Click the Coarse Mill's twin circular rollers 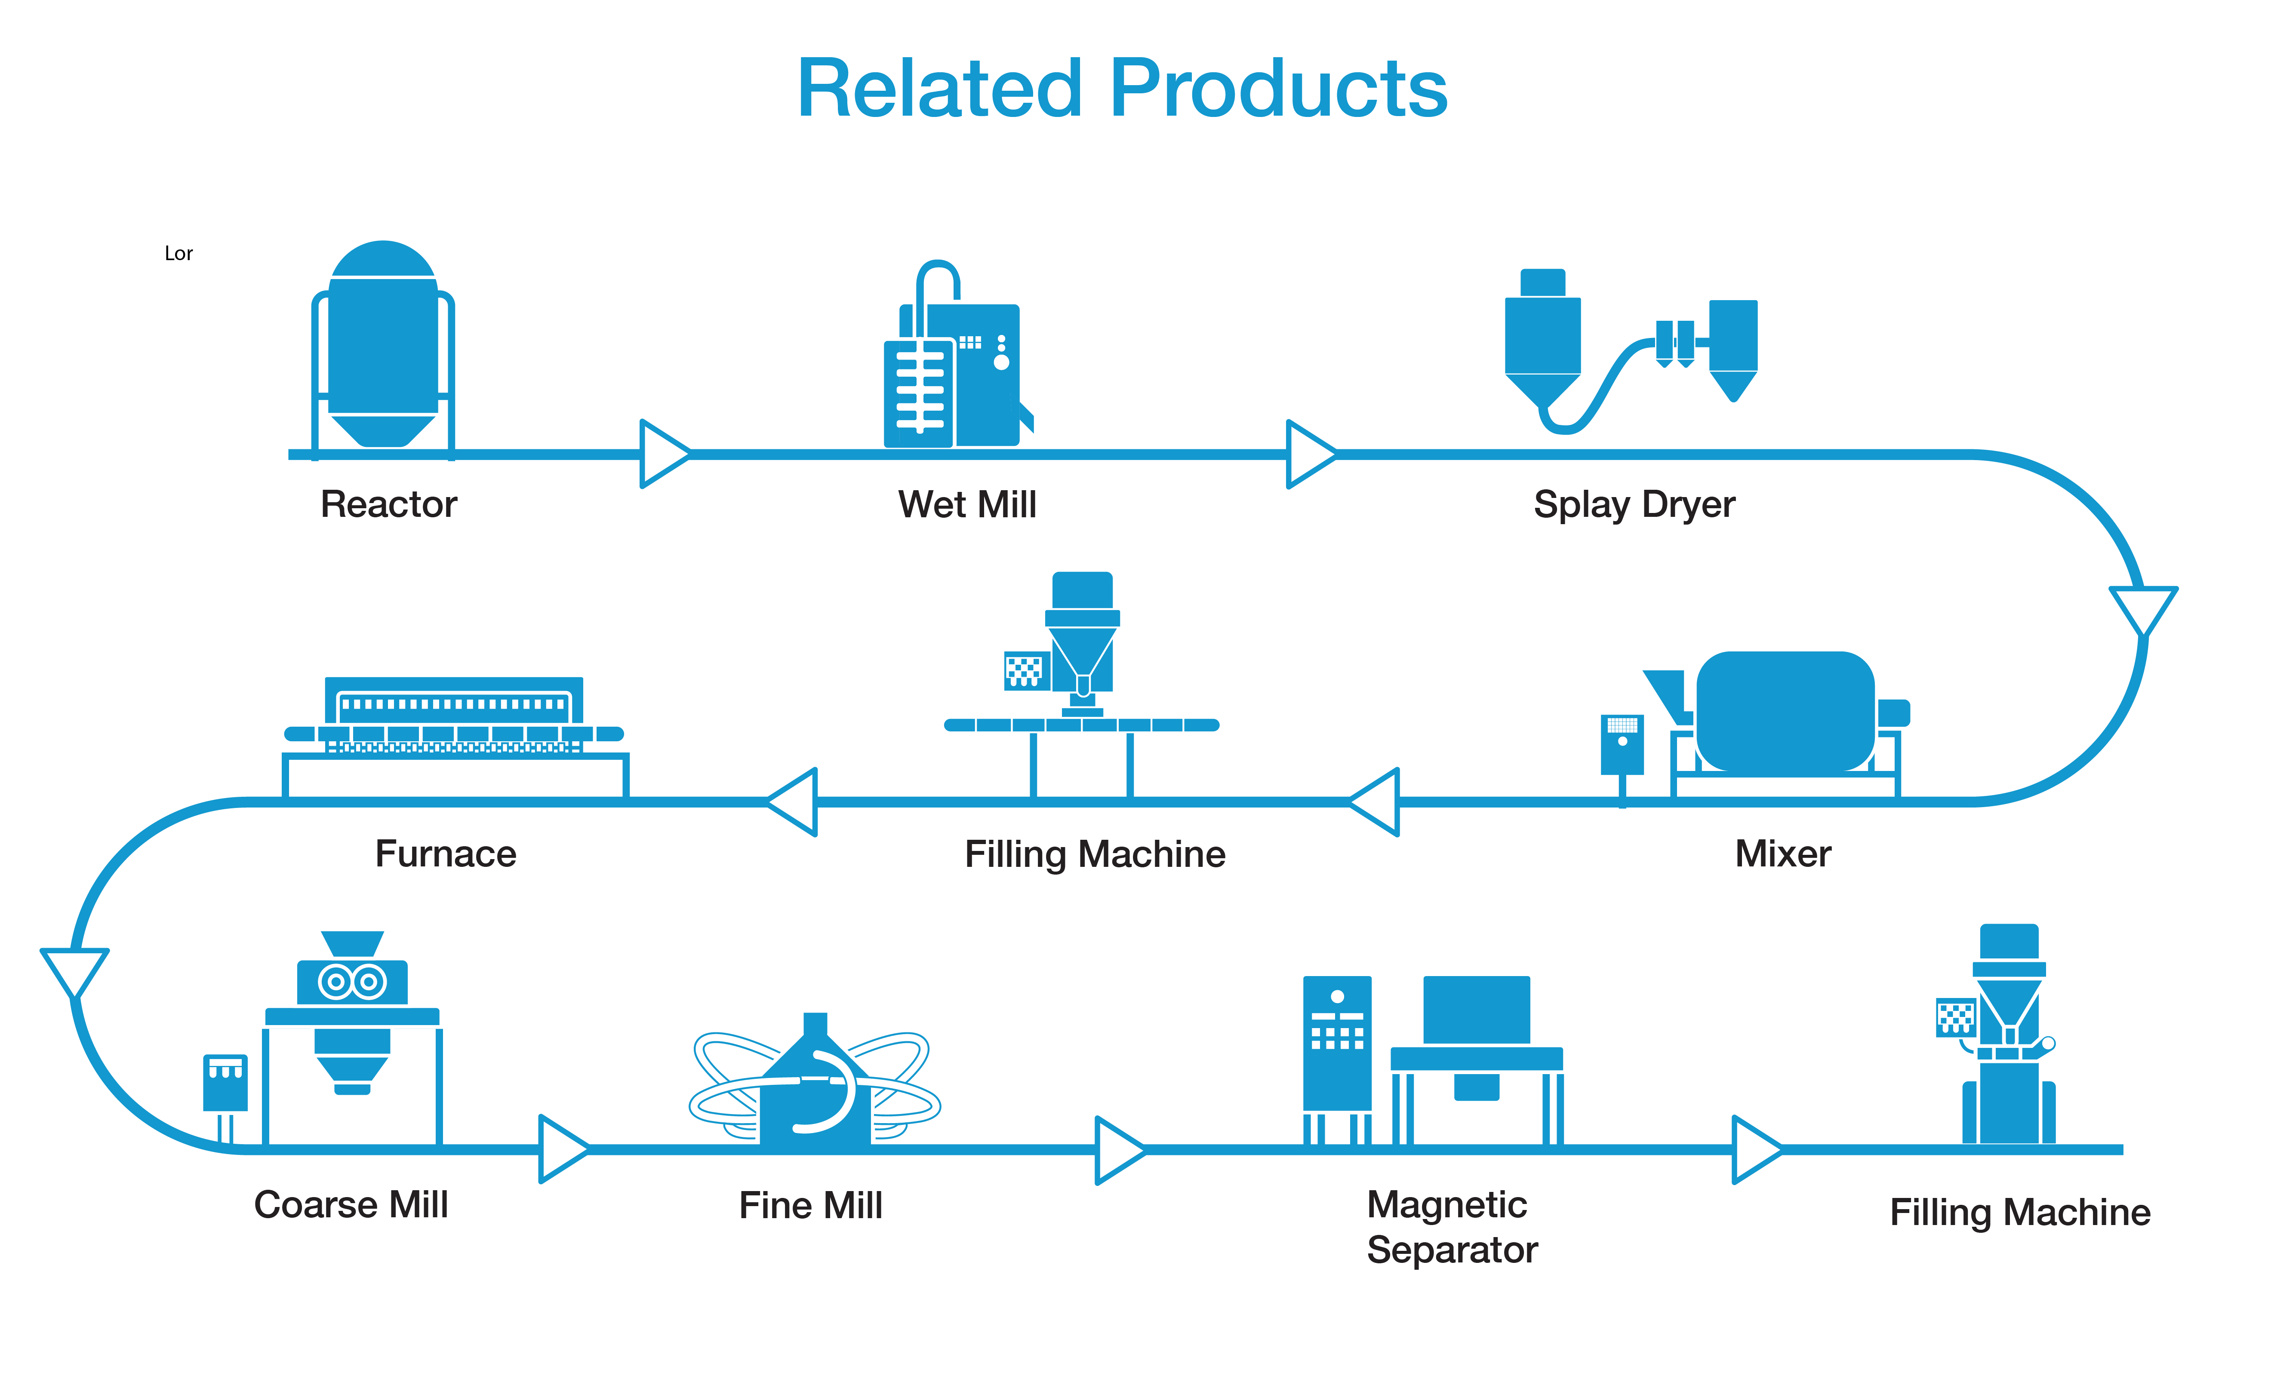click(x=352, y=982)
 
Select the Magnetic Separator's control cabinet click(x=1336, y=1046)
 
